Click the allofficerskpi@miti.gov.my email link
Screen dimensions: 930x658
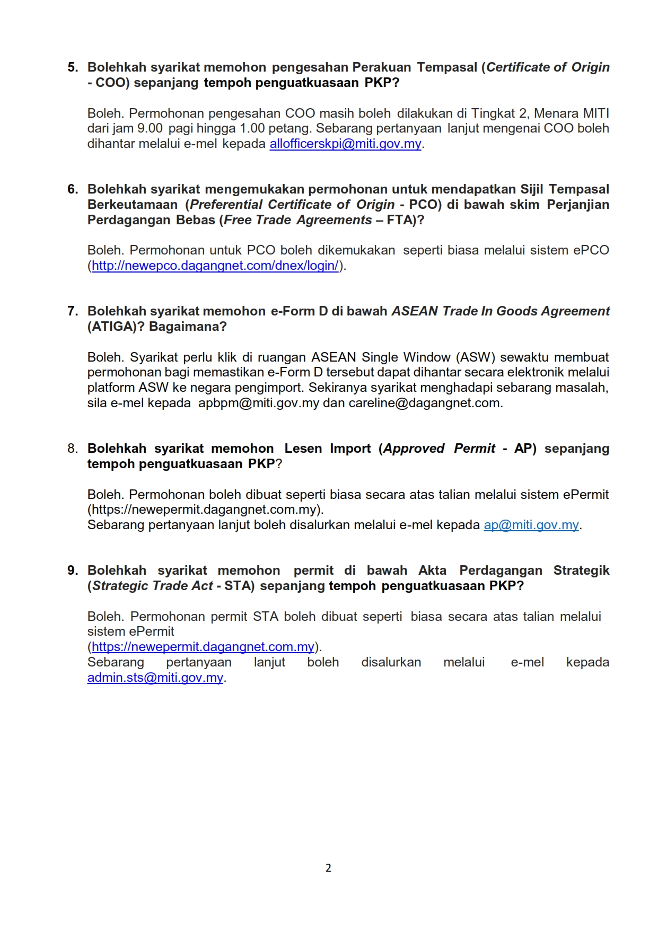(345, 144)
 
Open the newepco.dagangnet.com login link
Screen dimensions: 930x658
(215, 266)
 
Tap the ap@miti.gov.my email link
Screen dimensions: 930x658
(531, 525)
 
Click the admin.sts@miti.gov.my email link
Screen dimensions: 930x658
(155, 678)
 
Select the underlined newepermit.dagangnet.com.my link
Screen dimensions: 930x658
(203, 647)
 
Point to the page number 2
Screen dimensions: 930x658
(328, 867)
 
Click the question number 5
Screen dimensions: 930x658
(73, 67)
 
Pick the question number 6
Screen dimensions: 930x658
(73, 189)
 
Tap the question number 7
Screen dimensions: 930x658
(73, 311)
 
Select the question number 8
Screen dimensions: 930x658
(73, 449)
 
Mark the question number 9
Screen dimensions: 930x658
(73, 571)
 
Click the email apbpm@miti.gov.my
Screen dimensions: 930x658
(259, 403)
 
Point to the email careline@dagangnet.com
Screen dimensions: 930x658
(424, 403)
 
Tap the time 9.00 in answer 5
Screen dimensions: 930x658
(150, 128)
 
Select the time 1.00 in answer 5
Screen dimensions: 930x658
(252, 128)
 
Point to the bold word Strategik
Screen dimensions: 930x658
(581, 571)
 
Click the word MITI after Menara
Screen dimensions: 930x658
(596, 113)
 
